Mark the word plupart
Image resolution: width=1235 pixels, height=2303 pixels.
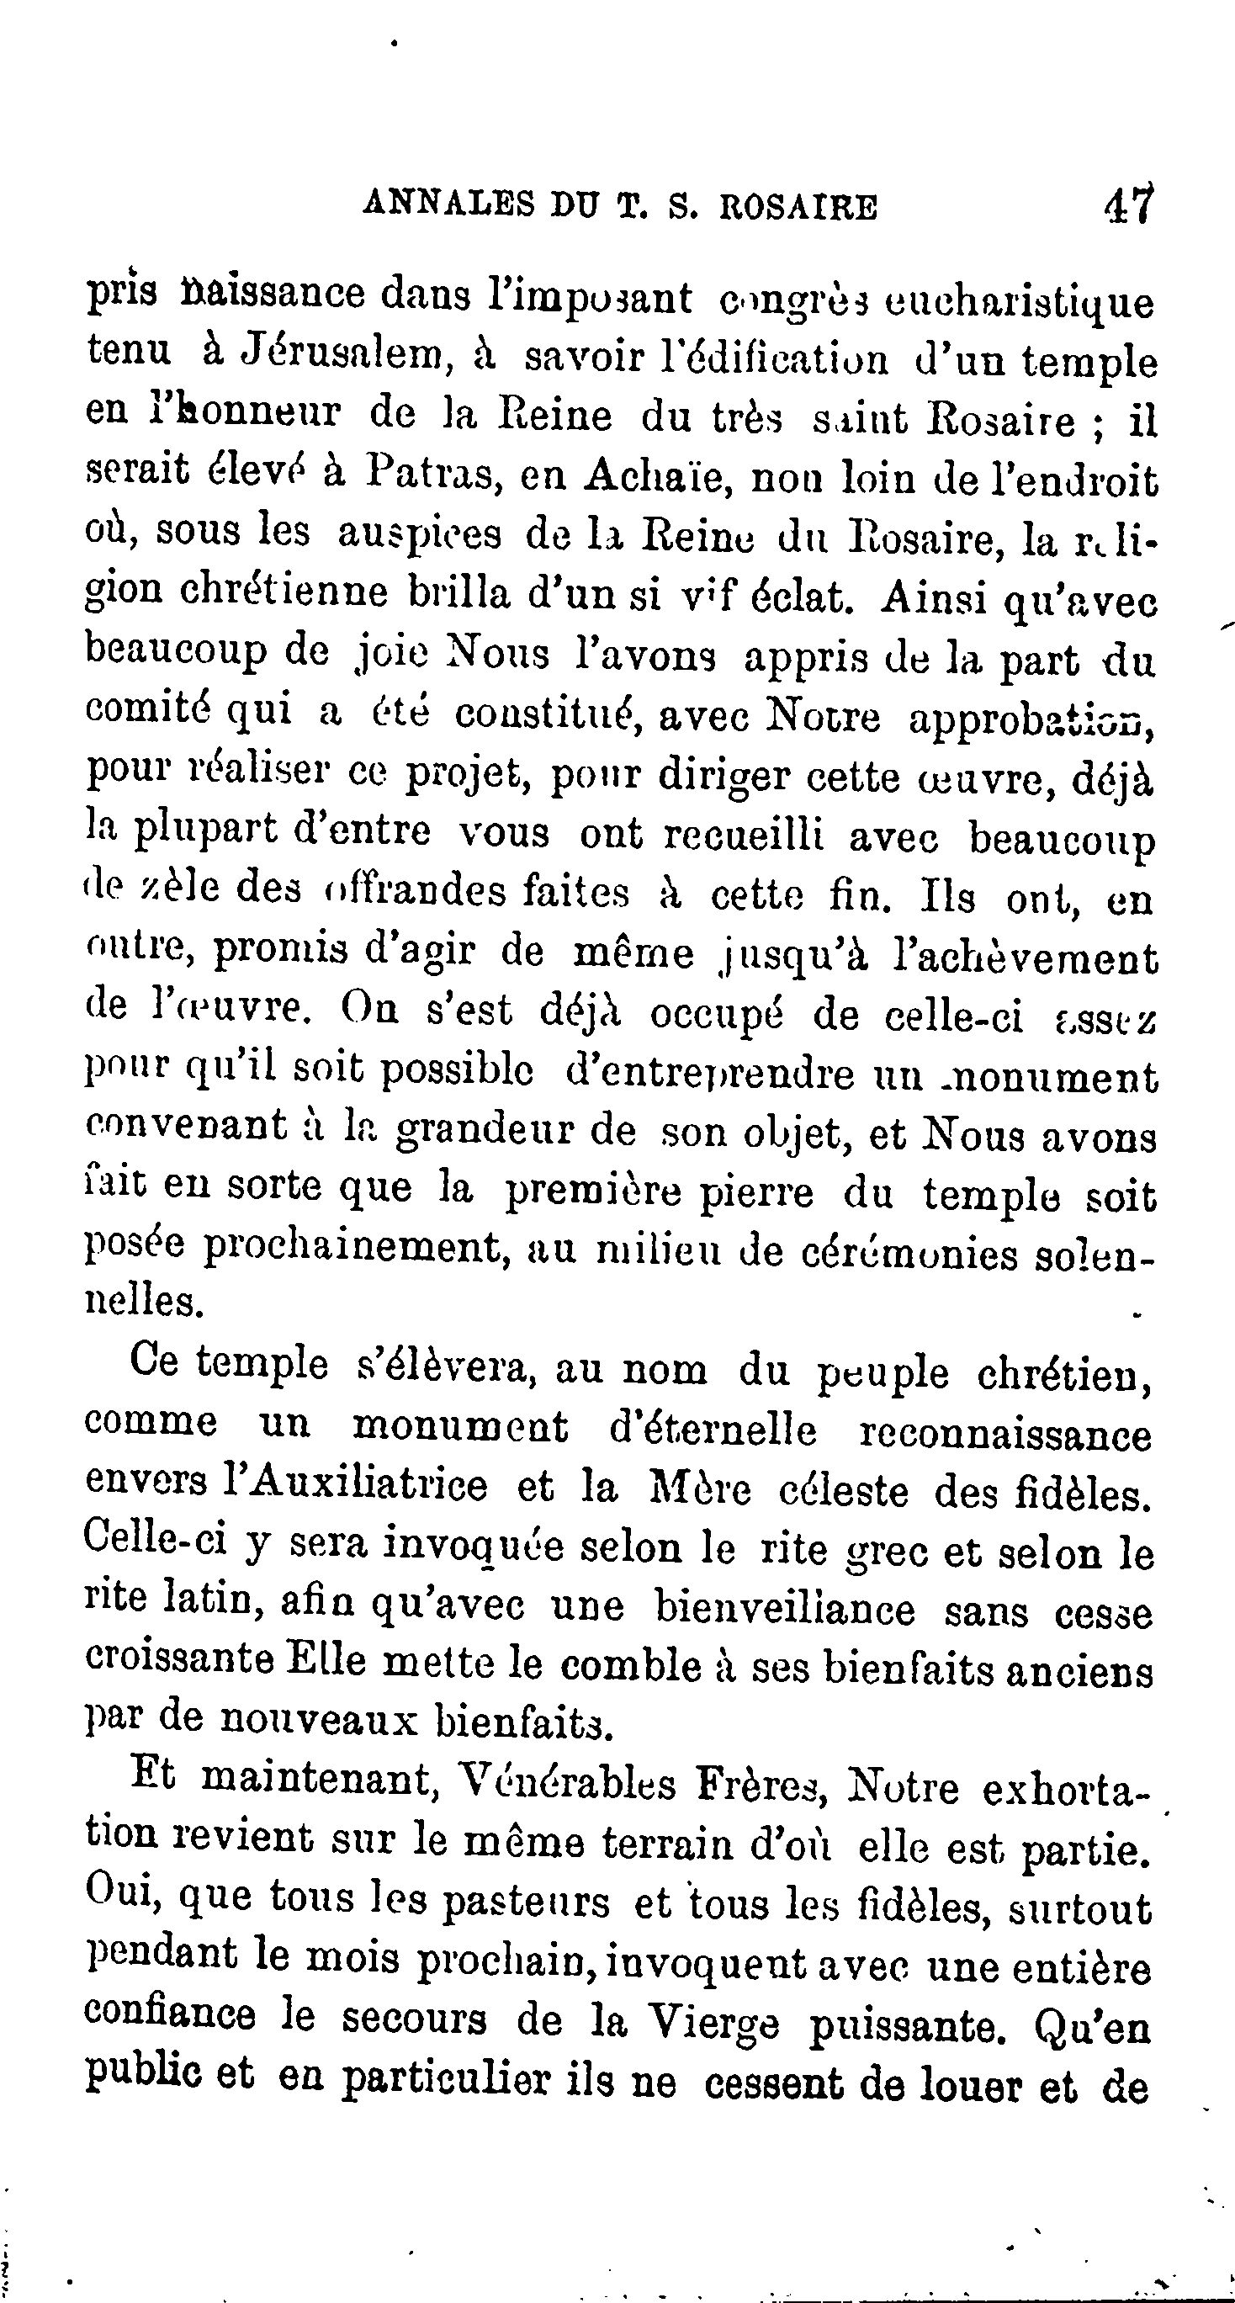coord(206,834)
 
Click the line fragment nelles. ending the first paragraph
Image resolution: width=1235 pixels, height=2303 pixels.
coord(144,1302)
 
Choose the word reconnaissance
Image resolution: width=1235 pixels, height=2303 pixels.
coord(1005,1433)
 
